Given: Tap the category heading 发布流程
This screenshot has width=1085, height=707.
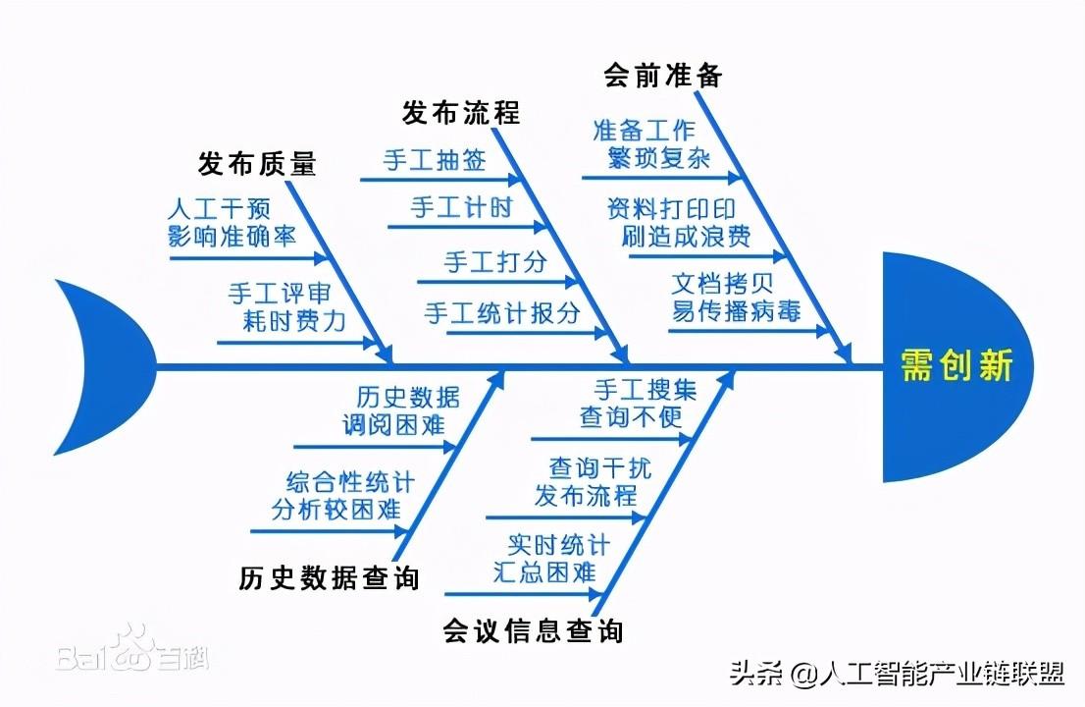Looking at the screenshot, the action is (460, 112).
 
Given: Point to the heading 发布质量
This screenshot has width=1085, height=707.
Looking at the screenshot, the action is (257, 163).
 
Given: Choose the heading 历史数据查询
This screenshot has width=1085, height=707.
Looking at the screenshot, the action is (329, 577).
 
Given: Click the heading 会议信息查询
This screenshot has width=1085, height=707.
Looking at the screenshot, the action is (533, 629).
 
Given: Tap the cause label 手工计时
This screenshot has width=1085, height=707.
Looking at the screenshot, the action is (461, 208).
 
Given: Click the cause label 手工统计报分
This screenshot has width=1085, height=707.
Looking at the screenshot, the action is (502, 313).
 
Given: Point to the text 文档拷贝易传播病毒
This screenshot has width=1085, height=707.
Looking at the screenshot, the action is (736, 299).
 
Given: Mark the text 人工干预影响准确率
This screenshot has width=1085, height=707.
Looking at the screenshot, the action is (232, 223).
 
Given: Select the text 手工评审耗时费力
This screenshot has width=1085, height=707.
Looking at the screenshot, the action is (286, 307).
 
